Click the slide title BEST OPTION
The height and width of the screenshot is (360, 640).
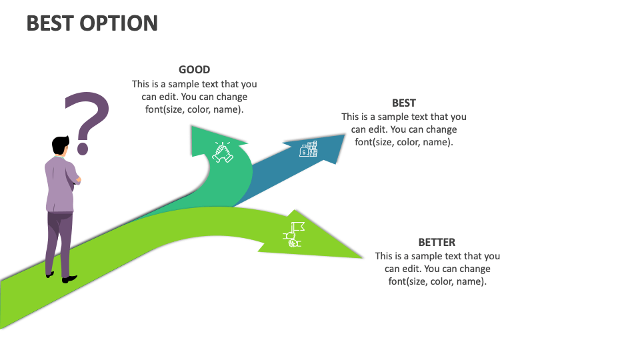click(92, 23)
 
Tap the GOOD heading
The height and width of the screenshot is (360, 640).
click(194, 70)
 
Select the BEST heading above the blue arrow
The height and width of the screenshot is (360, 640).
click(404, 103)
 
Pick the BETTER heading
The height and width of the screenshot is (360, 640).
click(437, 243)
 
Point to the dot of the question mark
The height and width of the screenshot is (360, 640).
click(83, 149)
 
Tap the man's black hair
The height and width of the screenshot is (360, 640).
click(60, 145)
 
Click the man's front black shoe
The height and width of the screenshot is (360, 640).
click(69, 279)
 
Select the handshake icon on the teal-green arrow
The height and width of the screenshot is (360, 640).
click(223, 152)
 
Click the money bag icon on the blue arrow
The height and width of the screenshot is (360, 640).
click(308, 149)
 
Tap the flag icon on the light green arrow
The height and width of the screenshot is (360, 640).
click(293, 234)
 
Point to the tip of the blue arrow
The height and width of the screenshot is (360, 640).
click(345, 134)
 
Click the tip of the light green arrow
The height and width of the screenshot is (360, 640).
click(363, 258)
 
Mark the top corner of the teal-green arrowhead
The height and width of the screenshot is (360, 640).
click(191, 125)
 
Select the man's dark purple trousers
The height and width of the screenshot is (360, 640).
click(59, 243)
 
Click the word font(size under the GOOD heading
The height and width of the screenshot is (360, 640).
click(165, 109)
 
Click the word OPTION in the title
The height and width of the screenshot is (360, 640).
click(119, 23)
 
